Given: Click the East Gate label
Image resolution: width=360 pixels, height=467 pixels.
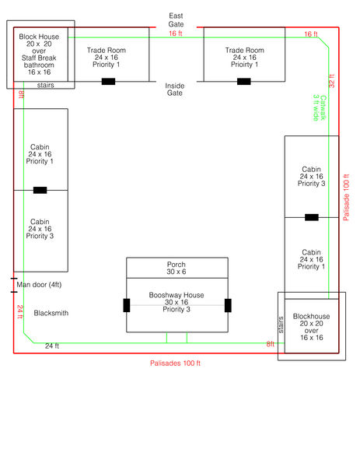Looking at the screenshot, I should point(176,19).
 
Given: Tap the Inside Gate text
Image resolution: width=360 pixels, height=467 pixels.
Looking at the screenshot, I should point(174,89).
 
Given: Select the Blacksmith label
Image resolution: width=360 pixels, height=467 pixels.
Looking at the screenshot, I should point(51,313).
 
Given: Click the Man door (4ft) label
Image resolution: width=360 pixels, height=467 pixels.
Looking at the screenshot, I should point(40,285).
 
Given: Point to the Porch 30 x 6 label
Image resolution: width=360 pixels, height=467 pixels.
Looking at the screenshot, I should point(177,269).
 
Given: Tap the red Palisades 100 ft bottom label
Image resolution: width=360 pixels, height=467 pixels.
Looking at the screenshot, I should point(176,363).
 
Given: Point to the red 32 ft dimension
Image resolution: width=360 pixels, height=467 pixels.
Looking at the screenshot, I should point(332,83).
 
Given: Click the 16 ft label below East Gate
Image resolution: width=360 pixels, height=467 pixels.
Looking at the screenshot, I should point(176,33).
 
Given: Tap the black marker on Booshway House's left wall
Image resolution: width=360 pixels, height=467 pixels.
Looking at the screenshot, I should point(127,304).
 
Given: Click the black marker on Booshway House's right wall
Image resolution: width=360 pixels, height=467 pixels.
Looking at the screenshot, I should point(229,304).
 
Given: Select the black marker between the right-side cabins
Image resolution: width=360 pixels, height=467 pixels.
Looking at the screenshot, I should point(311,217).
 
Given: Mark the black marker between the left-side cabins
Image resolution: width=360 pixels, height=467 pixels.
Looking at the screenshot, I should point(40,190).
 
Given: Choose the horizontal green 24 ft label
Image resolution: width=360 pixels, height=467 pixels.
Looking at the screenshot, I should point(52,345).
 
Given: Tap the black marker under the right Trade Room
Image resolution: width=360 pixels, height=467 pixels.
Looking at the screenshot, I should point(244,81).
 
